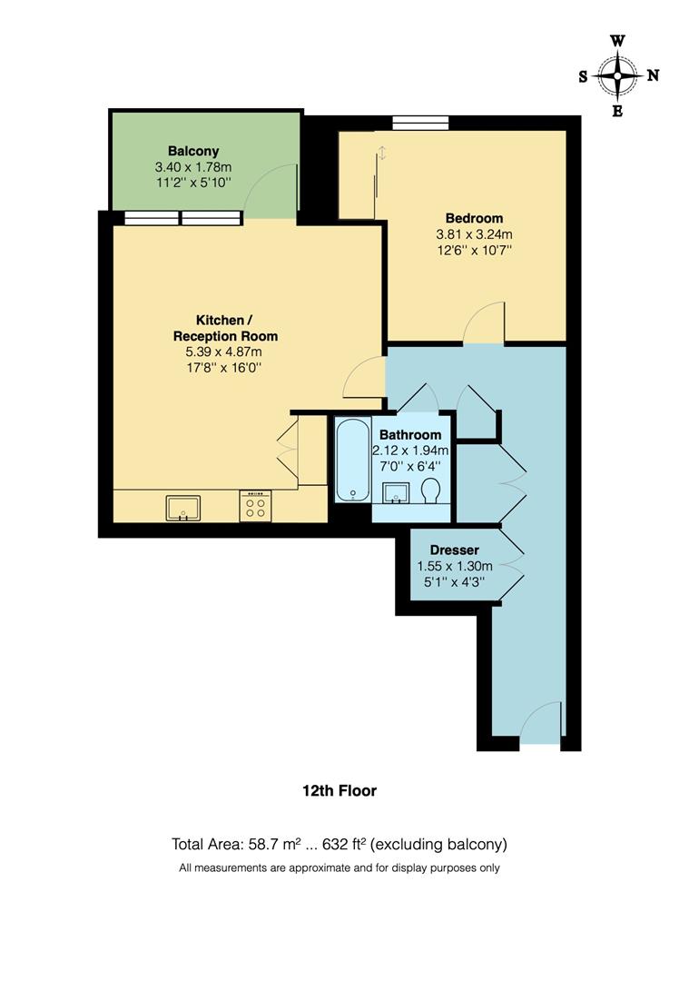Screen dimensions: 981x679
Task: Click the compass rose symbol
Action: (617, 75)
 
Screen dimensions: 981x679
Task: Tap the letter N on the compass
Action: (653, 75)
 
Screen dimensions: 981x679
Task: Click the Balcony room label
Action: (193, 151)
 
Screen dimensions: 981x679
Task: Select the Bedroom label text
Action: (474, 218)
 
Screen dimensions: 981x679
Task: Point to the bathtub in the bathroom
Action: (351, 460)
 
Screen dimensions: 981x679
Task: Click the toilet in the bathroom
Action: (431, 491)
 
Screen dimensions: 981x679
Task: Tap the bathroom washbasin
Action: (397, 492)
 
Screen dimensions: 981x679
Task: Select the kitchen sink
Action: (182, 508)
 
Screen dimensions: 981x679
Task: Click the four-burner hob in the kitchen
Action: (254, 506)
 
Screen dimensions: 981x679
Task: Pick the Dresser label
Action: (454, 550)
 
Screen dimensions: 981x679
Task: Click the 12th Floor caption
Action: (339, 791)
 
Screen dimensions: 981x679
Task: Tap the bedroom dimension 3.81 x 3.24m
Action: (474, 233)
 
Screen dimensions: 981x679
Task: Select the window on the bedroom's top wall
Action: (420, 123)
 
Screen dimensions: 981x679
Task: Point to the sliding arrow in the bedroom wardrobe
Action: (382, 153)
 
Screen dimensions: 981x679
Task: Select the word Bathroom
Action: (410, 435)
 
